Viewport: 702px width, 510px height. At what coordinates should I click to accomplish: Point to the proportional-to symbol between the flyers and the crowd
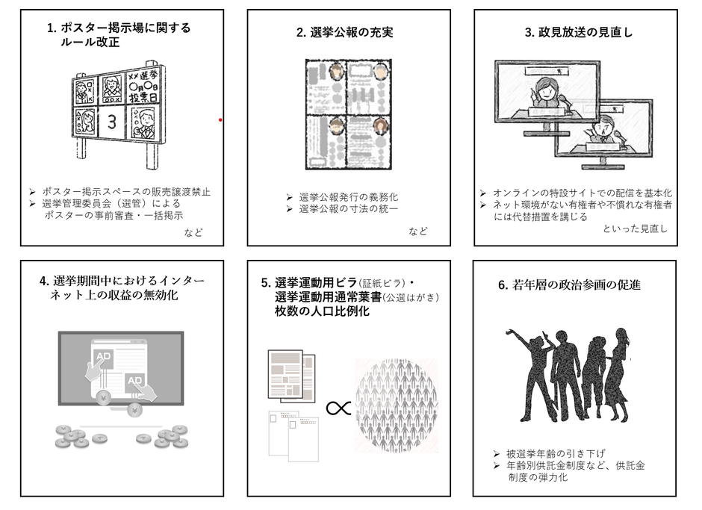338,408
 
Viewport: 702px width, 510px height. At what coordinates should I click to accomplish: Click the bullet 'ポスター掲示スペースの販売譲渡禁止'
125,191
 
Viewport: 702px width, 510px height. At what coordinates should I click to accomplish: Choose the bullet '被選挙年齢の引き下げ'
555,453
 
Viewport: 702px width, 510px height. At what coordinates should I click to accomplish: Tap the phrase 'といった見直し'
635,228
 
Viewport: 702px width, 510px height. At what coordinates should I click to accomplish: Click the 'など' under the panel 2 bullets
418,231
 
